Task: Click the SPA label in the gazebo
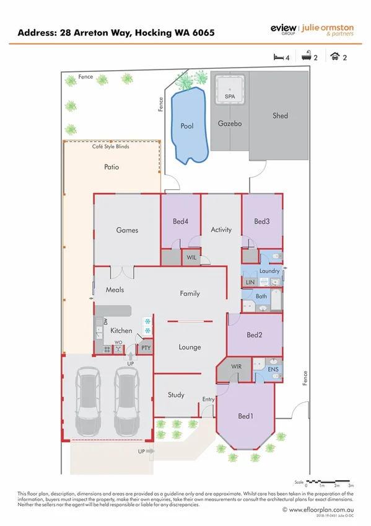pos(229,97)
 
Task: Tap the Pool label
pos(186,126)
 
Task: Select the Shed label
pos(280,115)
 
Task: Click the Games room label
pos(127,230)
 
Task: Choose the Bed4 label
pos(180,221)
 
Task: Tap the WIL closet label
pos(191,257)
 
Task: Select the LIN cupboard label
pos(250,282)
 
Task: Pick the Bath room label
pos(261,296)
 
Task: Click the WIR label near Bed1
pos(236,367)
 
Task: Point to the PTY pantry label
pos(146,348)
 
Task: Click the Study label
pos(176,394)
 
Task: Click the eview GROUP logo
pos(283,29)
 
